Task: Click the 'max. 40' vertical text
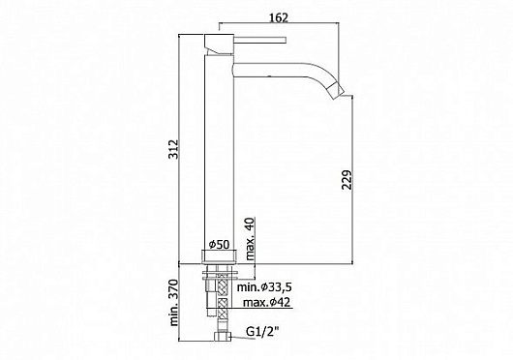pos(249,238)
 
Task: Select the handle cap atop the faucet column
pos(219,43)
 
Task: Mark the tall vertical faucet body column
pos(219,145)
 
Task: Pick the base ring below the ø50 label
pos(220,256)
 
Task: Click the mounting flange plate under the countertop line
pos(220,273)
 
